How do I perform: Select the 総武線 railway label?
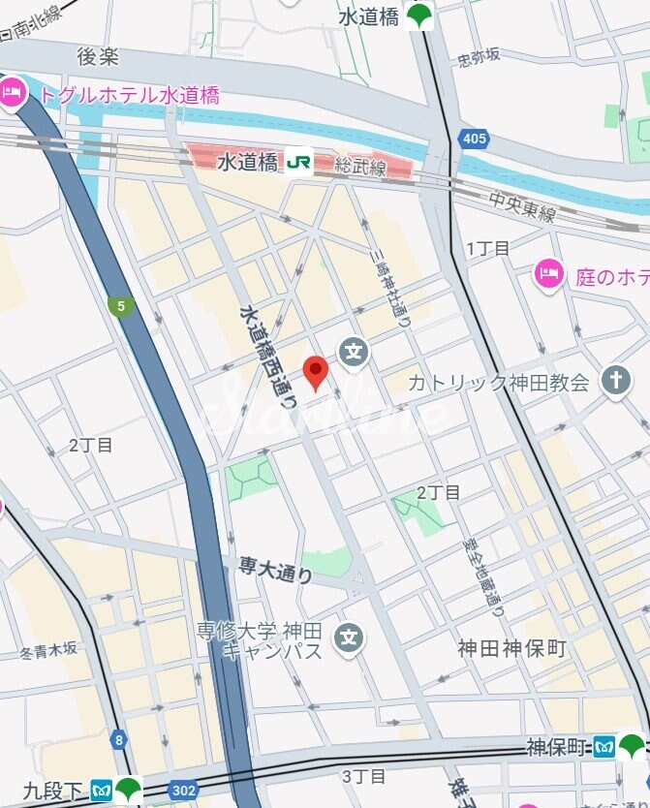361,169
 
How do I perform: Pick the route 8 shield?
118,740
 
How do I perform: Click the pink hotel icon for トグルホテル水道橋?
13,94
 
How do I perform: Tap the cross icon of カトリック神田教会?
614,381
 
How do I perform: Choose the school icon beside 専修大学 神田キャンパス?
349,637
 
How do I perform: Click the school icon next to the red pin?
355,351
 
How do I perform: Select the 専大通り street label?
276,570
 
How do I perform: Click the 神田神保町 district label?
511,648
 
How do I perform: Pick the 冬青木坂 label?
48,650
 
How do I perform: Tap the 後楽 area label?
98,56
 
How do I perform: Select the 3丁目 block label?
364,776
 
